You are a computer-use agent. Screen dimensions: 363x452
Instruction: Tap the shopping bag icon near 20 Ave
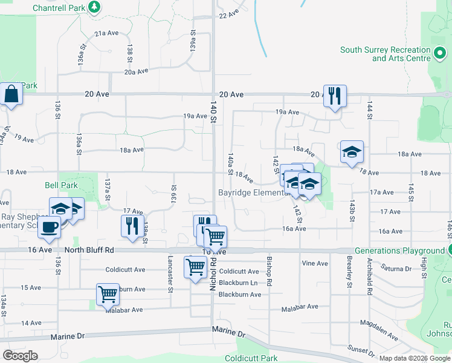pyautogui.click(x=11, y=94)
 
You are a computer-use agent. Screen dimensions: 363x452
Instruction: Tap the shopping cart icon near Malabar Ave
pyautogui.click(x=108, y=295)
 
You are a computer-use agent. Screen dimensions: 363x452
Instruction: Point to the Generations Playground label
pyautogui.click(x=399, y=250)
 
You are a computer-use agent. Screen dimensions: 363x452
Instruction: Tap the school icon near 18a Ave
pyautogui.click(x=352, y=152)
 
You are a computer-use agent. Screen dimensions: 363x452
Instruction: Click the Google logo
pyautogui.click(x=21, y=355)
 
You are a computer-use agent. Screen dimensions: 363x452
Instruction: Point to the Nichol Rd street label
pyautogui.click(x=213, y=276)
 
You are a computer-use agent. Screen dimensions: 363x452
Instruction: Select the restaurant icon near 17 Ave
pyautogui.click(x=132, y=226)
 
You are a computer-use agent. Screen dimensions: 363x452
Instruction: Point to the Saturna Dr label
pyautogui.click(x=396, y=267)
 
